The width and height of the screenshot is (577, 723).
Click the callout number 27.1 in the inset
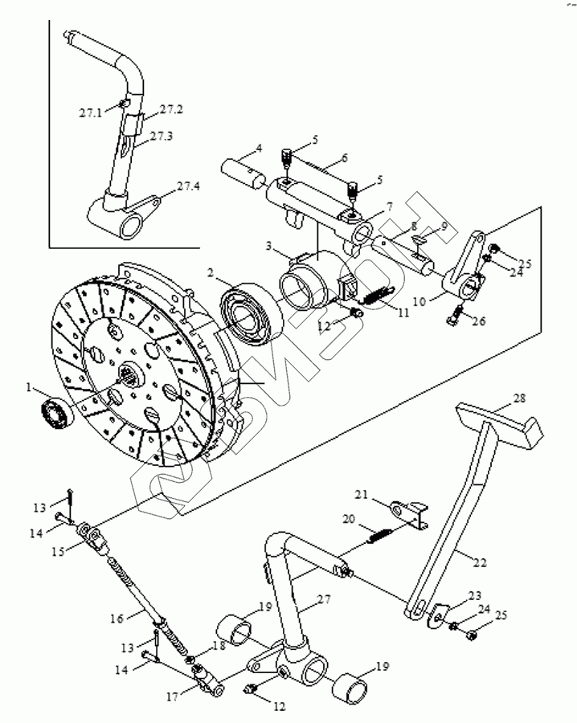point(90,113)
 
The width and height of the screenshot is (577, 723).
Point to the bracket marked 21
point(410,513)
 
